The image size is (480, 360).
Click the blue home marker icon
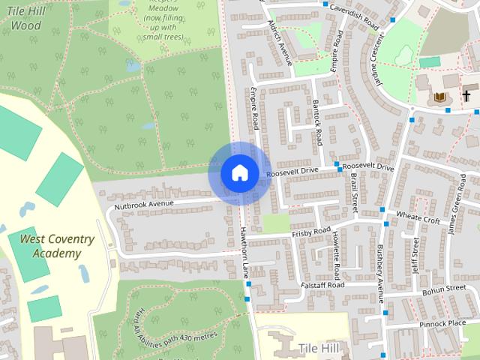239,172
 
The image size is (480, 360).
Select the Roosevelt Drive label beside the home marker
293,172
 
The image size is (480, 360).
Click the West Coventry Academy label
57,246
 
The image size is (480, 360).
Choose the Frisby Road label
310,233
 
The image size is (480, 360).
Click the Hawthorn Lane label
244,254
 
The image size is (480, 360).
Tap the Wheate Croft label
418,218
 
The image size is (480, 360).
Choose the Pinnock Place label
442,323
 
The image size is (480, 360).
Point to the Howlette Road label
337,252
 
